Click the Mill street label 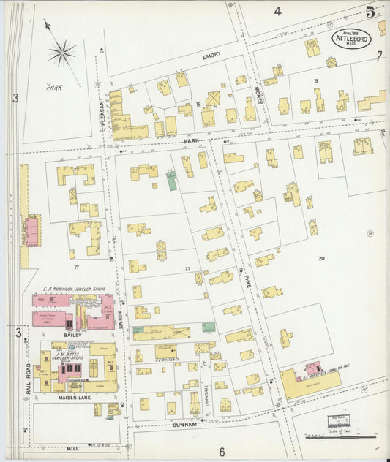71,449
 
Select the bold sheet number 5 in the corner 372,12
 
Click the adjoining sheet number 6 222,451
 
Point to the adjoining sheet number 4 277,11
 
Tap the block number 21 187,269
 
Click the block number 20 321,258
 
